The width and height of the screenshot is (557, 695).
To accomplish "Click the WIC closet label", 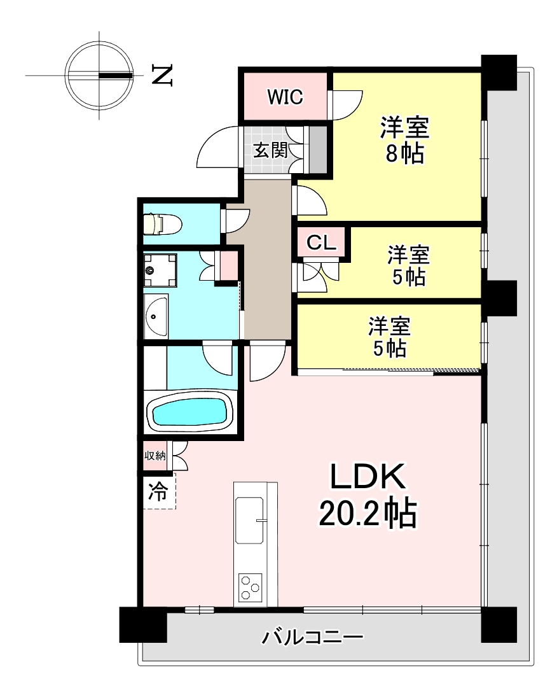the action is click(285, 96).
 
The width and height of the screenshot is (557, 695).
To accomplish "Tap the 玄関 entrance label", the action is click(270, 151).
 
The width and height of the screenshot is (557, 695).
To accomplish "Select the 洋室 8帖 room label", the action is click(404, 140).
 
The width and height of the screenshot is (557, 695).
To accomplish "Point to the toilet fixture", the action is click(163, 224).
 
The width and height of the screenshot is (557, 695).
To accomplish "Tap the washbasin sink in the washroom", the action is click(156, 316).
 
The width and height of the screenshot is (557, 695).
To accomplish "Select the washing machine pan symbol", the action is click(160, 270).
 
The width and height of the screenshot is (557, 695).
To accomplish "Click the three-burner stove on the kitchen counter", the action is click(251, 587).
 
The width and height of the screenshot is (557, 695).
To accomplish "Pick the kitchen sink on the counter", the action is click(249, 519).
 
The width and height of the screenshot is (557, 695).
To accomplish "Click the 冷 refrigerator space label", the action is click(158, 491).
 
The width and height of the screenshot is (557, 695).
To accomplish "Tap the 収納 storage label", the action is click(155, 455).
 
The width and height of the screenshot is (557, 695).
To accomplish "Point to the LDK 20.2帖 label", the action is click(368, 495).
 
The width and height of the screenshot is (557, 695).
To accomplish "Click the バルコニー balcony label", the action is click(313, 637).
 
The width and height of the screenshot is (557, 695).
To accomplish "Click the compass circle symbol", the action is click(99, 75).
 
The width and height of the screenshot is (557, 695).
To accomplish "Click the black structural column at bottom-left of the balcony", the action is click(143, 624).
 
